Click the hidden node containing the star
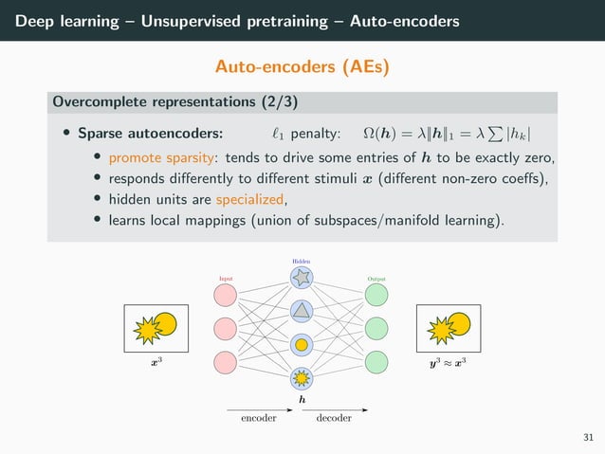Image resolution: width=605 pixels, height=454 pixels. [x=302, y=278]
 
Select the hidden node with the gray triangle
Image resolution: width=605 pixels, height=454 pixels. [x=302, y=311]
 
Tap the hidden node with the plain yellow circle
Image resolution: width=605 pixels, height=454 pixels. [x=302, y=345]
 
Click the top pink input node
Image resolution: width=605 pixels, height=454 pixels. [x=226, y=294]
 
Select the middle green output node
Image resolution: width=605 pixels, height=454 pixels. [x=376, y=328]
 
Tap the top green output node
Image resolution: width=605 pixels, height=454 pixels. [x=376, y=294]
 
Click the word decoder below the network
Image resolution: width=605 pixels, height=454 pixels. [x=334, y=417]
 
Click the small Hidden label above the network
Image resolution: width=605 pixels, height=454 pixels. [x=302, y=260]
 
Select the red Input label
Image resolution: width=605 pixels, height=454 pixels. [x=226, y=279]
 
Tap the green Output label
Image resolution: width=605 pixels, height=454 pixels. [x=376, y=279]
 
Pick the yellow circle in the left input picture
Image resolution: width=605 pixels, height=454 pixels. [x=165, y=324]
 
